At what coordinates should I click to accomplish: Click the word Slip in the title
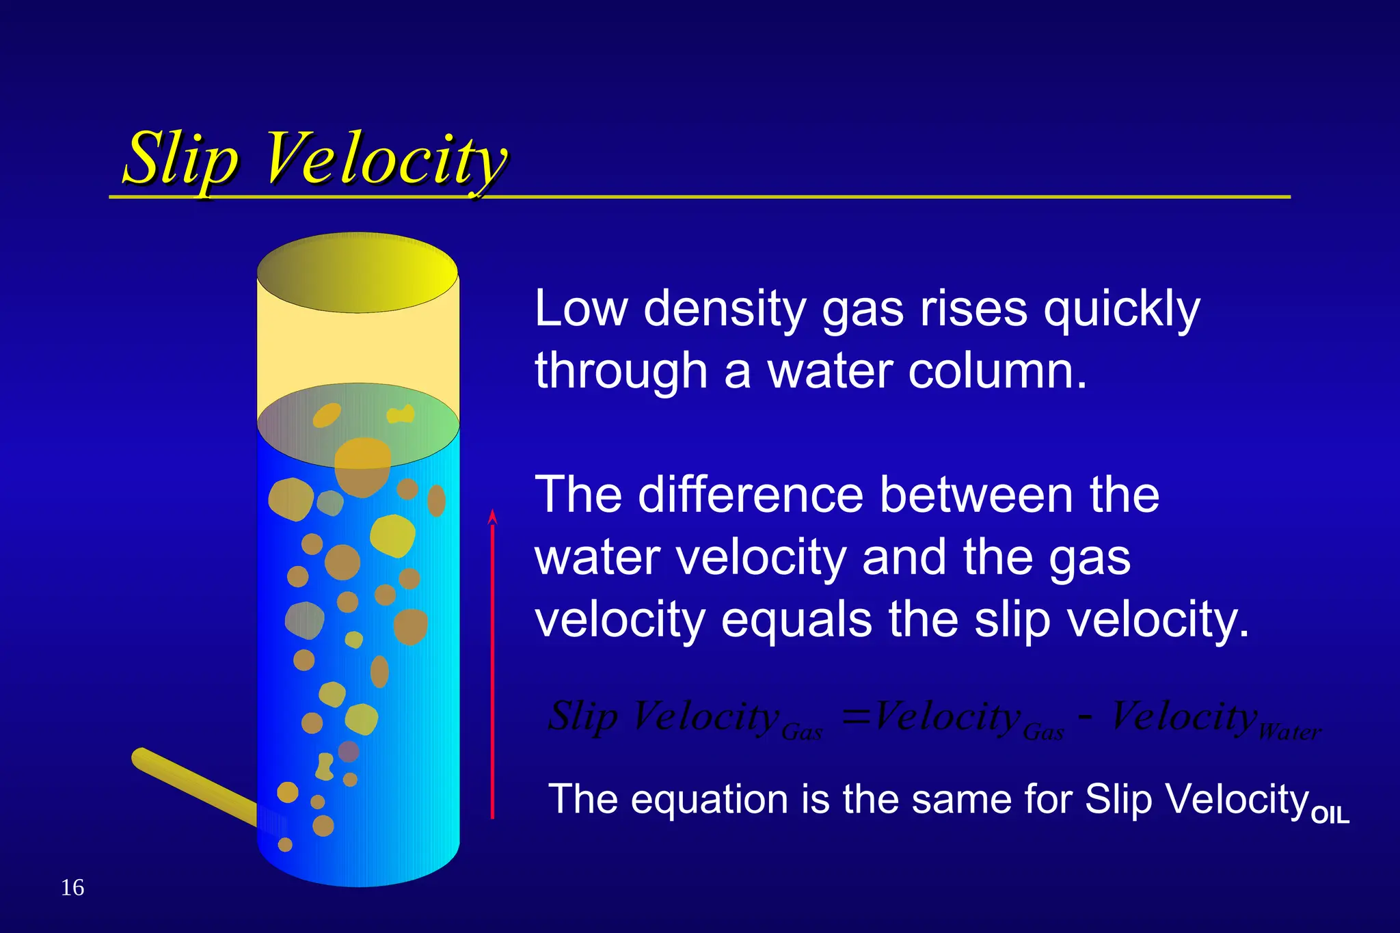pos(180,161)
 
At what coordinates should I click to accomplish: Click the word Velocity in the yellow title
pos(385,161)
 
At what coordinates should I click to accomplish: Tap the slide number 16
pos(72,887)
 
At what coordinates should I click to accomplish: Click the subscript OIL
pos(1330,815)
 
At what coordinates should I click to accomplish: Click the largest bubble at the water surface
pos(362,468)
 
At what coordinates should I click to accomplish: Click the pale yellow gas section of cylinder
pos(358,349)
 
